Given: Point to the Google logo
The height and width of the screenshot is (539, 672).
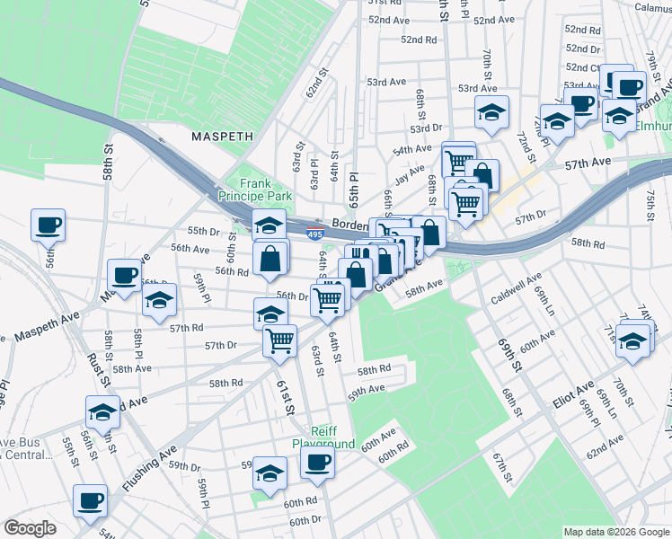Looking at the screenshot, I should (x=30, y=528).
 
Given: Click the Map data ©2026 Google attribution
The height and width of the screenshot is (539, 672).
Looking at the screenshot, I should (x=615, y=532).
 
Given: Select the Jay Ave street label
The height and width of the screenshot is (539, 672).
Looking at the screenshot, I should (x=409, y=172).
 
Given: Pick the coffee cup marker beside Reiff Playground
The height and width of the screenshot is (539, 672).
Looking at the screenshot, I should (x=316, y=464).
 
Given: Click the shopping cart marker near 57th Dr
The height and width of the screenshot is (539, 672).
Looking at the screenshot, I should (x=280, y=340).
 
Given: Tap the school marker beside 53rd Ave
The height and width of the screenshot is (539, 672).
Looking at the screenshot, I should (x=491, y=113).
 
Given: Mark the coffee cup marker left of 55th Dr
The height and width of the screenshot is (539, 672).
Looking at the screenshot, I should (x=48, y=225).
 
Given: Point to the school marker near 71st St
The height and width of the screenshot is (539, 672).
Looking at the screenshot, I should (x=633, y=341).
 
